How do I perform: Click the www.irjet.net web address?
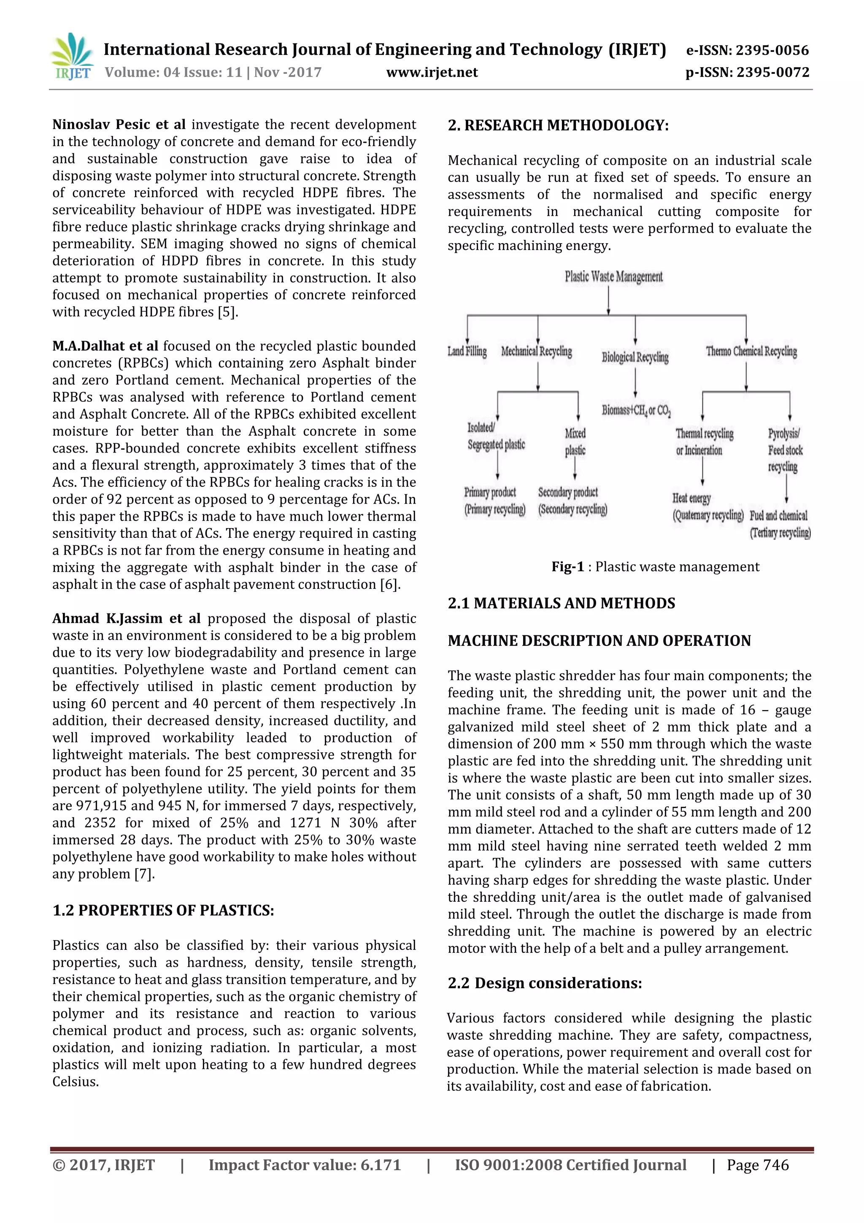click(x=432, y=73)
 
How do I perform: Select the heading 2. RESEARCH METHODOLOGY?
click(x=558, y=125)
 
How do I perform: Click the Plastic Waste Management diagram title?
click(x=613, y=277)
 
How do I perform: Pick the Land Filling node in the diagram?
click(x=467, y=352)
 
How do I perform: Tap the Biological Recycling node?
click(x=635, y=357)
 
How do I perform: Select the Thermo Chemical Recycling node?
click(x=751, y=352)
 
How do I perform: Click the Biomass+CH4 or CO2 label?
click(x=636, y=410)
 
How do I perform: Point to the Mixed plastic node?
click(x=575, y=442)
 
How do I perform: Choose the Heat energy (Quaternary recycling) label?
click(x=707, y=507)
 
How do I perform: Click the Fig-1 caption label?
click(x=567, y=567)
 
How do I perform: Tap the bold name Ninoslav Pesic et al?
click(x=119, y=125)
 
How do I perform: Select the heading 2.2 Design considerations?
click(x=545, y=983)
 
